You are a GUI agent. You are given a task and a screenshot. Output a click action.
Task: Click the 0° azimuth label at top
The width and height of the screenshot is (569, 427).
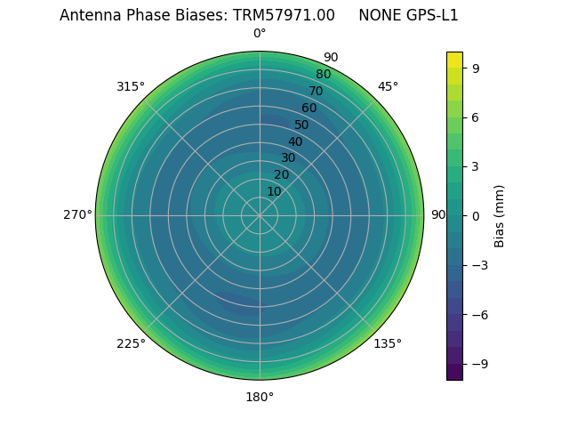point(260,34)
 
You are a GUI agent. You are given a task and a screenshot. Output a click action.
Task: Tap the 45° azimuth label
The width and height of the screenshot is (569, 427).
point(388,86)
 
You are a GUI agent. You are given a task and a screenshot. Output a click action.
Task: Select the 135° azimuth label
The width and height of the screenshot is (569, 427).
point(388,343)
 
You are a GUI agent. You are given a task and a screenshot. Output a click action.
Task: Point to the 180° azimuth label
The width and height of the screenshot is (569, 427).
point(260,397)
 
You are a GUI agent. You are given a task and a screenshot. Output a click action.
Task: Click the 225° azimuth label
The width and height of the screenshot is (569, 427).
point(131,343)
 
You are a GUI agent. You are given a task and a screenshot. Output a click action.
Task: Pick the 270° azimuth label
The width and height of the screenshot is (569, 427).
point(77,215)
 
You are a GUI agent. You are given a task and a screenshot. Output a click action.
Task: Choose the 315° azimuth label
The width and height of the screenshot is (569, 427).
point(131,86)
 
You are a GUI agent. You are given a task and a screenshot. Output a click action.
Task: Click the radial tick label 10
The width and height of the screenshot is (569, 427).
point(274,191)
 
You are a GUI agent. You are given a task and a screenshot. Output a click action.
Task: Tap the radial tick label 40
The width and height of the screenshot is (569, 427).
point(295,141)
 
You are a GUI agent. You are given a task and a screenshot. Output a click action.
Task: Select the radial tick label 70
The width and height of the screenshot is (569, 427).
point(316,92)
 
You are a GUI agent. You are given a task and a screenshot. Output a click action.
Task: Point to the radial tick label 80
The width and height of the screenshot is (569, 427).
point(323,75)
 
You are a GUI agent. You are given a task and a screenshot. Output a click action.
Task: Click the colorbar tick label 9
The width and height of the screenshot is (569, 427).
point(475,68)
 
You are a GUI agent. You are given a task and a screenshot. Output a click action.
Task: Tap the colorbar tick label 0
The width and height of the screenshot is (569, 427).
point(475,216)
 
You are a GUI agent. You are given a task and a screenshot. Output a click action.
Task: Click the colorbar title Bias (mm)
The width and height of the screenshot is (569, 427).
point(500,216)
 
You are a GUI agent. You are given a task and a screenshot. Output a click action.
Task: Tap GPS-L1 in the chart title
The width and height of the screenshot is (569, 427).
point(430,15)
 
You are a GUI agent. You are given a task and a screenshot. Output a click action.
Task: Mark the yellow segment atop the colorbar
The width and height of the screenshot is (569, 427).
point(454,60)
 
